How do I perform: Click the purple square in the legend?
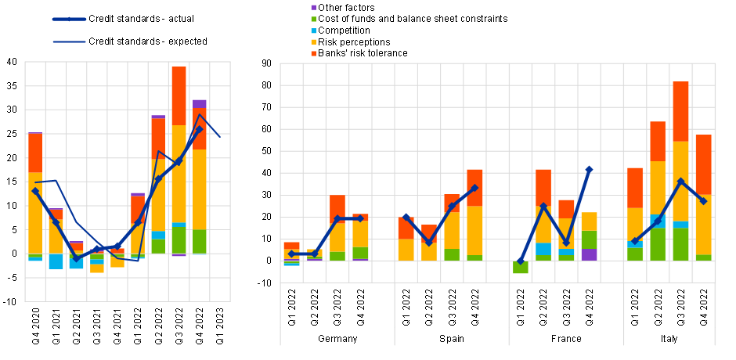(x=314, y=8)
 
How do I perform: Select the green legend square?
(x=314, y=19)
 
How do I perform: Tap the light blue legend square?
(x=314, y=31)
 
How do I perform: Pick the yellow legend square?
(x=314, y=42)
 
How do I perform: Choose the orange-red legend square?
(x=314, y=54)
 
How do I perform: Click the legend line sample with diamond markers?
(x=69, y=19)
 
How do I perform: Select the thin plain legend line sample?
(x=69, y=41)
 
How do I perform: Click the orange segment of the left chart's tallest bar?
(x=179, y=95)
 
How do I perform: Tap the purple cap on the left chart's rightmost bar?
(x=200, y=103)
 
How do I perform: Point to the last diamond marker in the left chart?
(x=199, y=129)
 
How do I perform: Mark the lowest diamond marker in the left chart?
(x=77, y=258)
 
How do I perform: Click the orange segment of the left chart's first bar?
(x=35, y=153)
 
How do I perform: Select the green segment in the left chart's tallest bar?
(x=179, y=239)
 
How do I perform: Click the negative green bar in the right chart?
(x=520, y=267)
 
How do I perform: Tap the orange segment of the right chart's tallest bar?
(x=680, y=111)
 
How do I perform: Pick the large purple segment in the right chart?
(x=589, y=254)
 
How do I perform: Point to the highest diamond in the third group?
(x=589, y=169)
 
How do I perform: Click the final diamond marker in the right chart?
(x=703, y=201)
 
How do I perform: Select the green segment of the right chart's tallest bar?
(x=680, y=244)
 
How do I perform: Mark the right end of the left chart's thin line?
(x=220, y=137)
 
